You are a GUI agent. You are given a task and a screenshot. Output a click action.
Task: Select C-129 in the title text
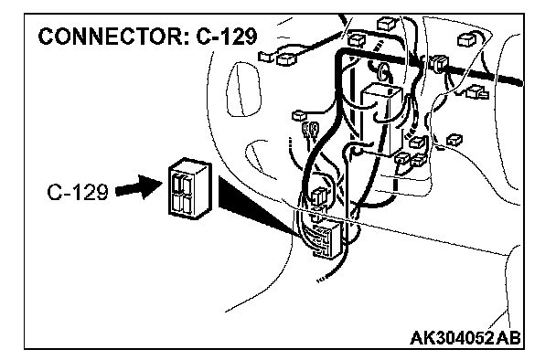226,37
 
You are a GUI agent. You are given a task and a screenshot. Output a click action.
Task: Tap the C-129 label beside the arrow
78,193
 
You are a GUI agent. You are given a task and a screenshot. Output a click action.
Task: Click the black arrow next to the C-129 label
139,187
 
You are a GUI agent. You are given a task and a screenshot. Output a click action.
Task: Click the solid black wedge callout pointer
256,206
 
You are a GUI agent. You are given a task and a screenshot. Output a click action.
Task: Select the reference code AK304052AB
465,337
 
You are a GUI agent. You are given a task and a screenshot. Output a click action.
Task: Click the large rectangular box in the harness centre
381,119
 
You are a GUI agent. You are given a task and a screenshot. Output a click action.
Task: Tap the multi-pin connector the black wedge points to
324,238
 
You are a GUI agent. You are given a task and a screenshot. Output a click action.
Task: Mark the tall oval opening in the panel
243,90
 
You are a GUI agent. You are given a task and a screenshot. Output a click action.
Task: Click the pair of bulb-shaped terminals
310,131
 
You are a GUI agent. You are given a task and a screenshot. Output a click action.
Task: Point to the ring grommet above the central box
383,71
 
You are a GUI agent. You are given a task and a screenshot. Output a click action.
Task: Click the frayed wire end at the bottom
321,279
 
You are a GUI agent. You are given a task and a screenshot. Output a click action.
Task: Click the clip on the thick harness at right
439,64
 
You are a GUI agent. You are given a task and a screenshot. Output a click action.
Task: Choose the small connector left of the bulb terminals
300,115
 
